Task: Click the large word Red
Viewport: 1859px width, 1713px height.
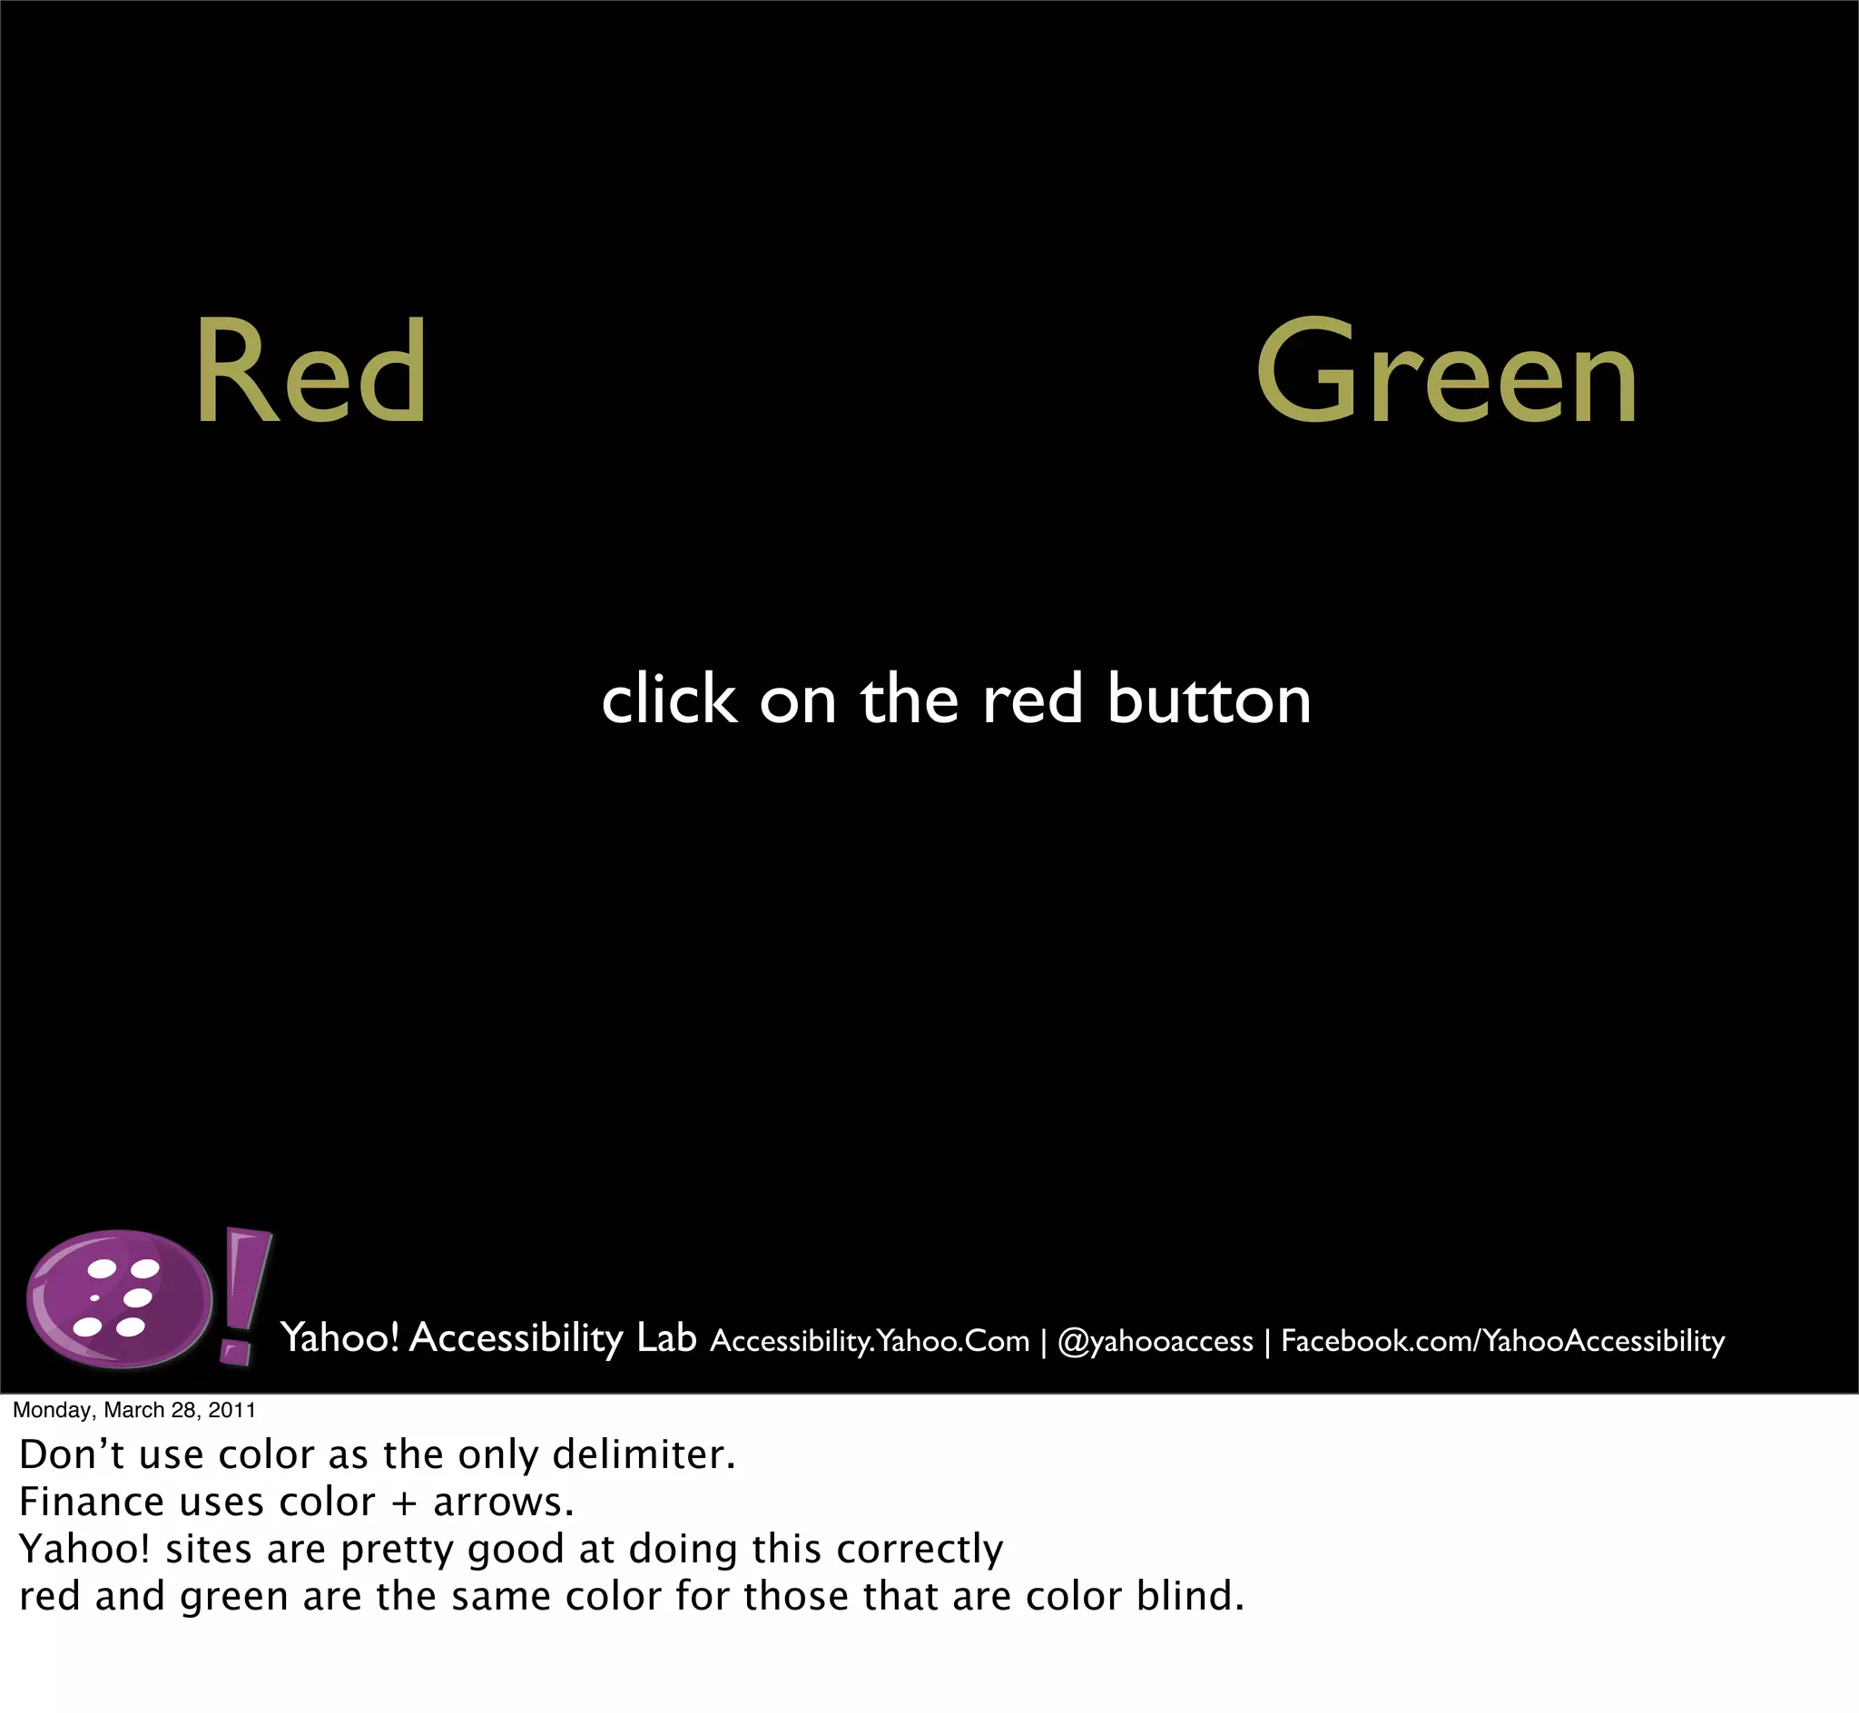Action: tap(310, 373)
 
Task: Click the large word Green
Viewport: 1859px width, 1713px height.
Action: tap(1446, 373)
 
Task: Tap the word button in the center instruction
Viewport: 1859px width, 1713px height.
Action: tap(1209, 700)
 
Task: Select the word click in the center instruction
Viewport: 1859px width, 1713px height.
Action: tap(668, 700)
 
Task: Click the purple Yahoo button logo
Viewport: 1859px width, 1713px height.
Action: tap(119, 1298)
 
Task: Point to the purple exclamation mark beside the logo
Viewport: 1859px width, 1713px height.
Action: tap(243, 1295)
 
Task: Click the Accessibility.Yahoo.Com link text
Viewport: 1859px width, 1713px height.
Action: tap(870, 1341)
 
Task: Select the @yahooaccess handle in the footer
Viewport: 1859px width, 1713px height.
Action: tap(1156, 1341)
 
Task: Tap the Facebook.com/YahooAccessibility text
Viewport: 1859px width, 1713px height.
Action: tap(1502, 1341)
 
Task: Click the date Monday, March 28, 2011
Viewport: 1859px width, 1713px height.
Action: tap(134, 1411)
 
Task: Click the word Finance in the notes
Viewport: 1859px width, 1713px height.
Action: tap(93, 1503)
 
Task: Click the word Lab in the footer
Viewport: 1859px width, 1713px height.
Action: tap(666, 1338)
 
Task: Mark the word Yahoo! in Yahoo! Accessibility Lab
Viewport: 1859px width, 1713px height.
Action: tap(339, 1338)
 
